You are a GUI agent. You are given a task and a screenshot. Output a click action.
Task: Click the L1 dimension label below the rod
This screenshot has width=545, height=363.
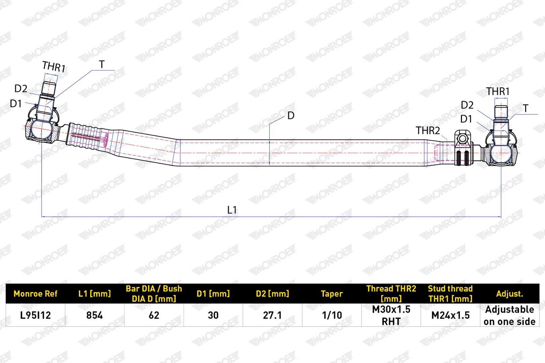232,210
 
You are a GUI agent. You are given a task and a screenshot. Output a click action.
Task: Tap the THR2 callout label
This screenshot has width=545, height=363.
428,131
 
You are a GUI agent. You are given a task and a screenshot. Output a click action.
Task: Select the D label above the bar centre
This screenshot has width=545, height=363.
291,116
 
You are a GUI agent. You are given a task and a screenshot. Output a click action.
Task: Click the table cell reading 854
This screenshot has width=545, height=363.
95,315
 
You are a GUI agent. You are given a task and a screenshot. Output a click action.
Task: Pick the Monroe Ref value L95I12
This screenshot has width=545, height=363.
35,315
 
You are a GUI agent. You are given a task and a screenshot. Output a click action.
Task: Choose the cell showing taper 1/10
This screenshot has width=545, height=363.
332,315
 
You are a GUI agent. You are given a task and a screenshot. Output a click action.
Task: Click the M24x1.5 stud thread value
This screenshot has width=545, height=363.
450,315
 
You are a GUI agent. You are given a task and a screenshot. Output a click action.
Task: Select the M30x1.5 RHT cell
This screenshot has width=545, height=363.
391,315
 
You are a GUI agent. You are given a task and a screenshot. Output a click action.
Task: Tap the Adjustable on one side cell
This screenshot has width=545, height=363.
510,315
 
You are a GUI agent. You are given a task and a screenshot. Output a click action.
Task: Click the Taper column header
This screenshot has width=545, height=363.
332,294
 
